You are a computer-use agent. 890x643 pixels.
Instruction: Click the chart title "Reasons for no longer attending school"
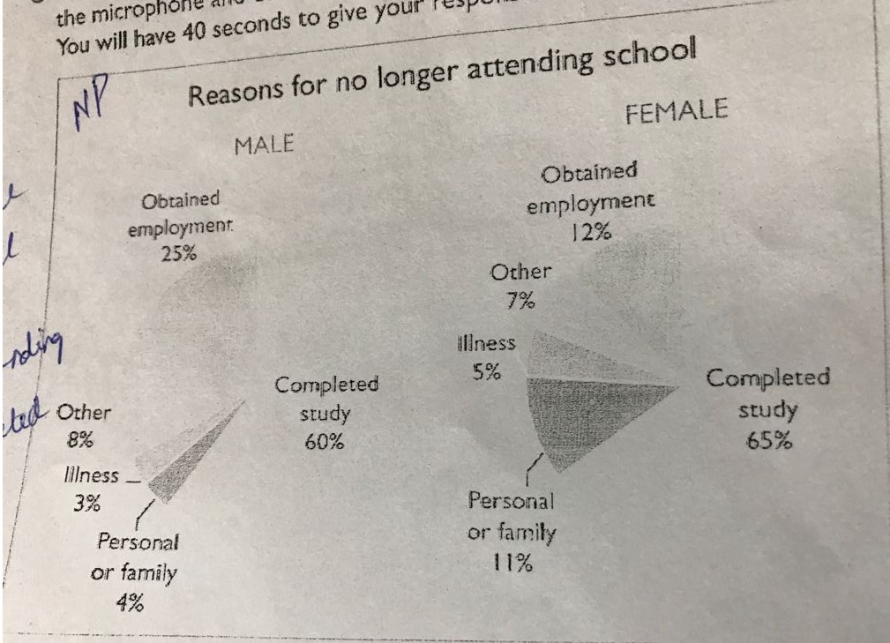[x=442, y=74]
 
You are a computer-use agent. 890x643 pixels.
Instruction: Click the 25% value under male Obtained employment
[x=179, y=252]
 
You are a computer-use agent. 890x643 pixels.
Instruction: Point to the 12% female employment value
[x=591, y=233]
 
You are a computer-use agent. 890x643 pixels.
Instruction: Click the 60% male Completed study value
[x=324, y=442]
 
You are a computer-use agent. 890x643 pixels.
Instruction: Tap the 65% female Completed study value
[x=768, y=441]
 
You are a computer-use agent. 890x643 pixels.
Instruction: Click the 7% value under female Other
[x=520, y=302]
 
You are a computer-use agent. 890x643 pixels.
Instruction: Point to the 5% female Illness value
[x=484, y=372]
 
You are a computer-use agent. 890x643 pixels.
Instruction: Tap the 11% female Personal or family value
[x=512, y=562]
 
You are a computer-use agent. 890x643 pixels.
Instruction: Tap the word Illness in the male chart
[x=91, y=475]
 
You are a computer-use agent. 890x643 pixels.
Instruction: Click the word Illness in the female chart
[x=486, y=343]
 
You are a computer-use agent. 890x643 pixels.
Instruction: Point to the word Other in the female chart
[x=520, y=273]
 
